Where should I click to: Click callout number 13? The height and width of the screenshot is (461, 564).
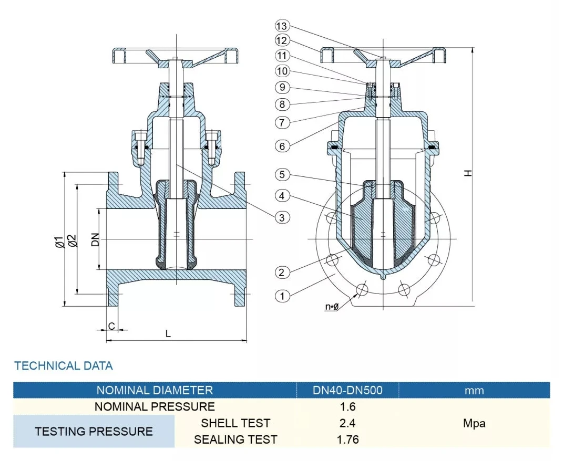[x=282, y=26]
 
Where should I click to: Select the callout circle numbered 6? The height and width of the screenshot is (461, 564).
[x=282, y=146]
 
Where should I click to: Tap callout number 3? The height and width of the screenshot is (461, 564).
[x=282, y=217]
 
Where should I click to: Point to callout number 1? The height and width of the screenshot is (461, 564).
[x=282, y=296]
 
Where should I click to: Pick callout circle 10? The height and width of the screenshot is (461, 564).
[x=282, y=70]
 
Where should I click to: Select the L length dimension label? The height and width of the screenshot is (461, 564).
[x=168, y=333]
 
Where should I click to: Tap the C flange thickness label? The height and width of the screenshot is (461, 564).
[x=111, y=326]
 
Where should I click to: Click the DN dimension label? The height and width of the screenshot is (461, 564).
[x=95, y=240]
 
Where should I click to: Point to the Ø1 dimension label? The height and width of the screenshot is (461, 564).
[x=59, y=242]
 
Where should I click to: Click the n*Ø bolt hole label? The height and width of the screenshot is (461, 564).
[x=331, y=307]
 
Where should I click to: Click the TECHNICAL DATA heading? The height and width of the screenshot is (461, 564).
[x=64, y=365]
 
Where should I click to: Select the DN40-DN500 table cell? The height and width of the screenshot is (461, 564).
[x=347, y=390]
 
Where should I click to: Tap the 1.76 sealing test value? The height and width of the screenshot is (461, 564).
[x=347, y=439]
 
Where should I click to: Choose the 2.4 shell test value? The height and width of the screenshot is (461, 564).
[x=347, y=423]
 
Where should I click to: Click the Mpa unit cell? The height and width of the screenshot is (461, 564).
[x=474, y=423]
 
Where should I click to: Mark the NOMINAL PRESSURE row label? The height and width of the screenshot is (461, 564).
[x=155, y=406]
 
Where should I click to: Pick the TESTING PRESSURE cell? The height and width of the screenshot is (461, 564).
[x=94, y=432]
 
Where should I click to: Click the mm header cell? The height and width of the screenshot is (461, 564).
[x=474, y=390]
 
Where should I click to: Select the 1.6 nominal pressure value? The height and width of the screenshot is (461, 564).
[x=347, y=406]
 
